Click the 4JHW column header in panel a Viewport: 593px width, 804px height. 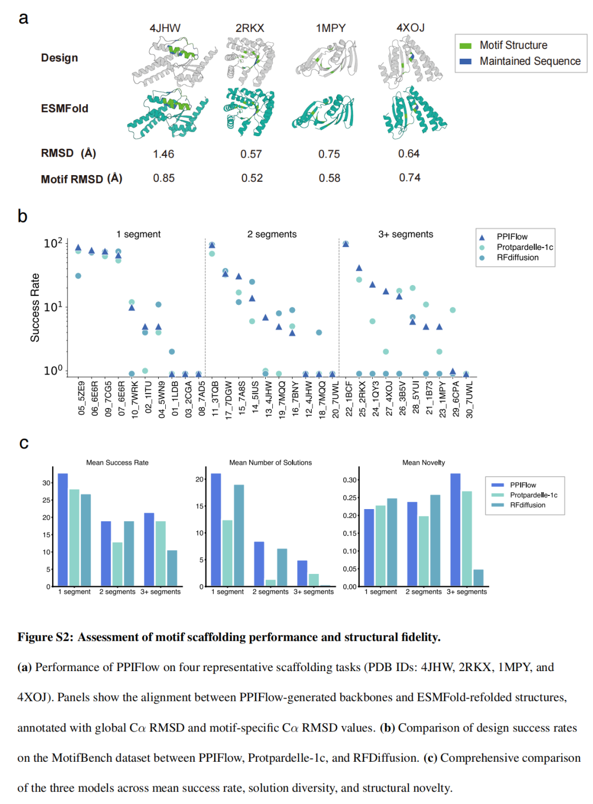[165, 28]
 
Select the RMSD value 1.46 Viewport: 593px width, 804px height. [164, 154]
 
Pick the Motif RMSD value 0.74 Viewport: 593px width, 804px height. [410, 178]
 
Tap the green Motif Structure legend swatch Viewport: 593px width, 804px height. [466, 46]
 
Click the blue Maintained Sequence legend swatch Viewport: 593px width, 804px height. [466, 62]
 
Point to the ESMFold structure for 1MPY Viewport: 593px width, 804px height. [323, 113]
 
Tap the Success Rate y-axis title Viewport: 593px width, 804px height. [35, 308]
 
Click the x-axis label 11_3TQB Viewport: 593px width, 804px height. [215, 398]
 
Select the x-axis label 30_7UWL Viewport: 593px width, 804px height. [469, 399]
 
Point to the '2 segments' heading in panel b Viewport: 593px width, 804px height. [272, 235]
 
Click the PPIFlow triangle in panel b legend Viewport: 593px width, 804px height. [482, 237]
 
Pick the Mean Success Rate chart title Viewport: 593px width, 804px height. [117, 463]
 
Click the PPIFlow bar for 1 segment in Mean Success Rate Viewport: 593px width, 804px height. [63, 529]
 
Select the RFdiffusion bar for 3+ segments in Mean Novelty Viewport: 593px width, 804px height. [478, 578]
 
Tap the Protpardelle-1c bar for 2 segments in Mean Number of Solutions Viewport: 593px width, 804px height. [271, 583]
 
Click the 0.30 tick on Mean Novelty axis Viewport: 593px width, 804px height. [350, 480]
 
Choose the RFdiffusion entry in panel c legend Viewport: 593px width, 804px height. [527, 505]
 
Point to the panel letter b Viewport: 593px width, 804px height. [23, 216]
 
